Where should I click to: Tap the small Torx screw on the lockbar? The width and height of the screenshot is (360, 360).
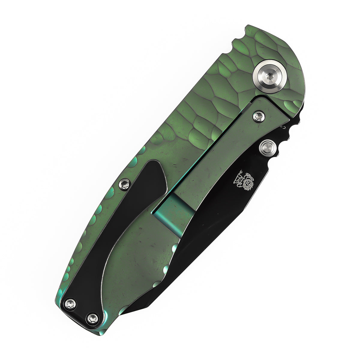258,116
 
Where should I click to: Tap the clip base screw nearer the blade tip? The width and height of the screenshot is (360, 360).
93,319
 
